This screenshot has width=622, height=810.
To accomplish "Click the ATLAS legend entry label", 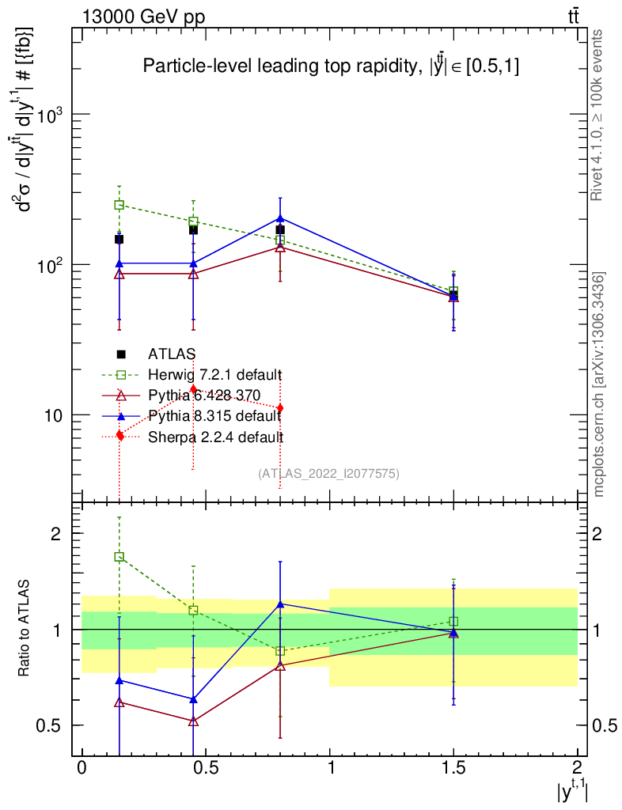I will tap(172, 354).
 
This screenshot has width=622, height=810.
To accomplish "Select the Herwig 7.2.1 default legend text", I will tap(214, 374).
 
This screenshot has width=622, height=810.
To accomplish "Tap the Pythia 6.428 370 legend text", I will tap(203, 395).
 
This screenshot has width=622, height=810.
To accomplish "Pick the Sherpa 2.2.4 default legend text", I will tap(215, 436).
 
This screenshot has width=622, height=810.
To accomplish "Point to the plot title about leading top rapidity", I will tap(331, 67).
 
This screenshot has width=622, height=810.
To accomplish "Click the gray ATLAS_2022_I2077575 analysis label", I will tap(328, 474).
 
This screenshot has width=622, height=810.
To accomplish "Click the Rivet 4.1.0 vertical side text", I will tap(599, 115).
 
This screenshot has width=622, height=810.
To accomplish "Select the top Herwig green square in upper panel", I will tap(119, 205).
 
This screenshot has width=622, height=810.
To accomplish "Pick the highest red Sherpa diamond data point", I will tap(193, 389).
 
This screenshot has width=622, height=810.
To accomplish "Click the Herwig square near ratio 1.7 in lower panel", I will tap(119, 557).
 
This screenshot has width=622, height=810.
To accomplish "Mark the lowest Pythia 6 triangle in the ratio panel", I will tap(194, 721).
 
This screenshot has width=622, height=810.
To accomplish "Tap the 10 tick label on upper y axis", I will tap(53, 414).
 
